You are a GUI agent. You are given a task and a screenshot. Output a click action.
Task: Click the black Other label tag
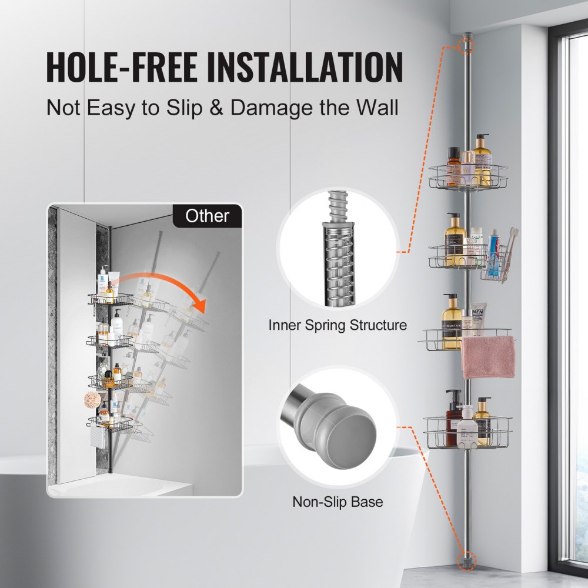(207, 216)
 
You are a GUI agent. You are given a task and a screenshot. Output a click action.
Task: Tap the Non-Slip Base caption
(338, 502)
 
